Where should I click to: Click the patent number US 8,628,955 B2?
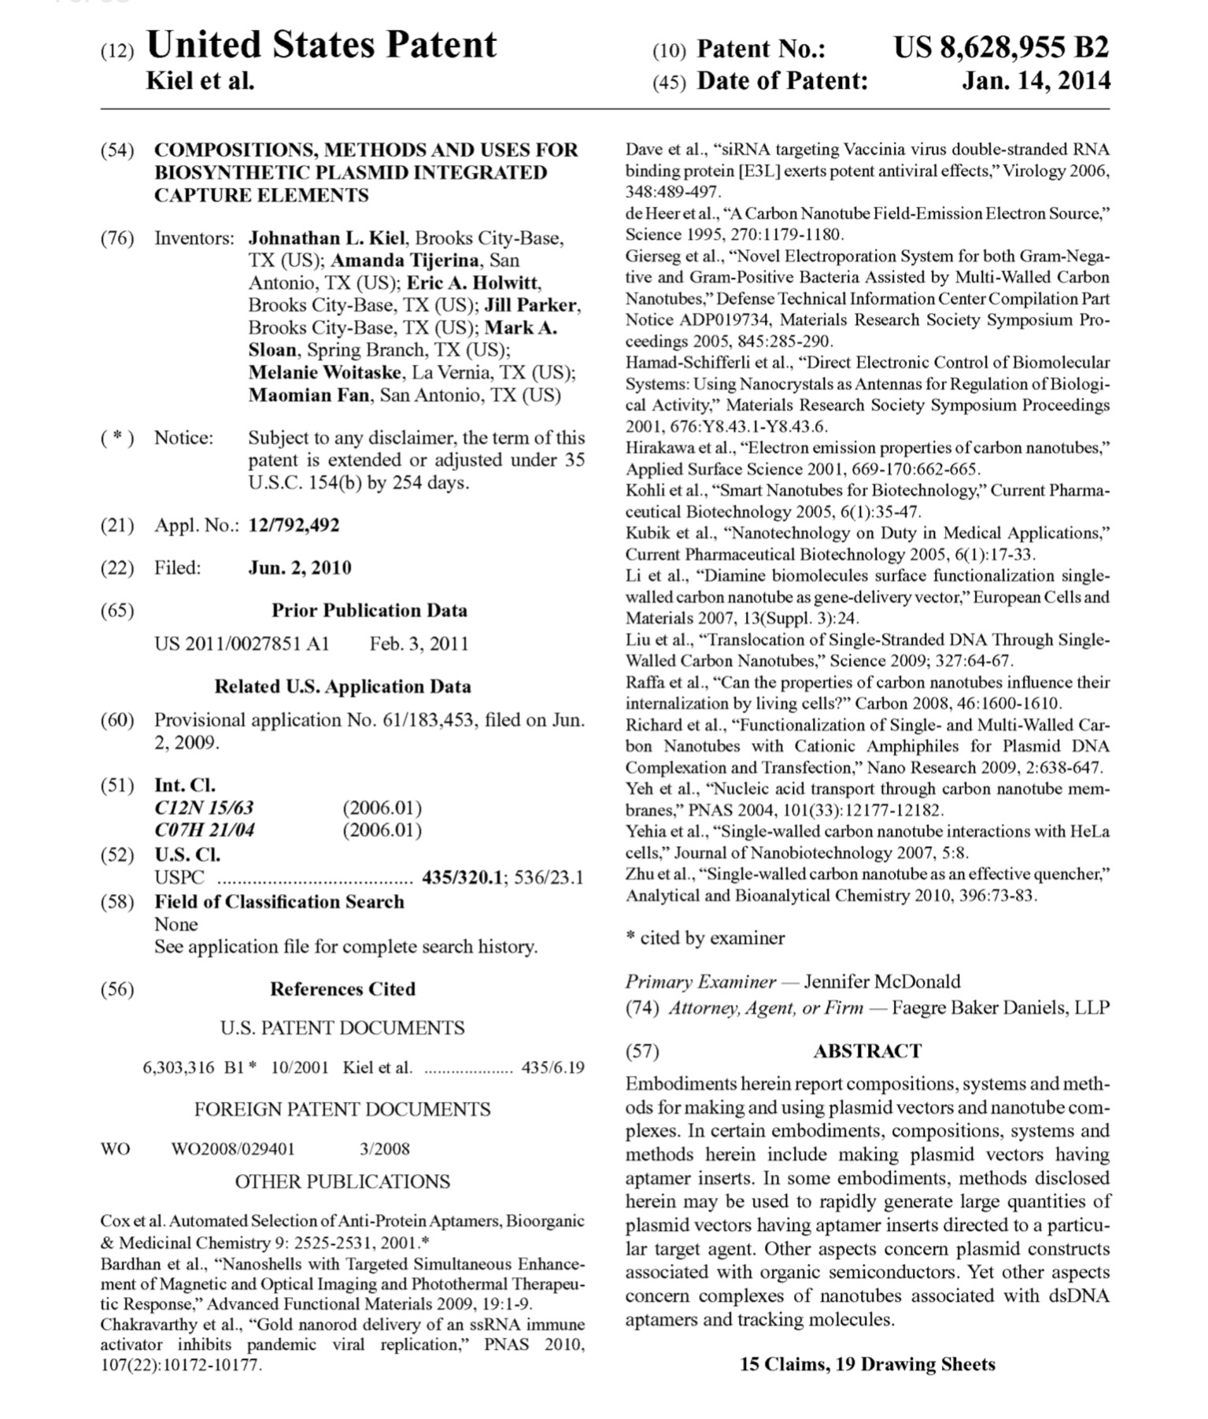[x=1000, y=48]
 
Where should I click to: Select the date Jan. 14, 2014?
[x=1035, y=80]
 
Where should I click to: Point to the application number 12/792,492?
[x=294, y=525]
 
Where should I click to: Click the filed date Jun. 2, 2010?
[x=300, y=567]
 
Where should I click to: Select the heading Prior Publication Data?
[x=369, y=611]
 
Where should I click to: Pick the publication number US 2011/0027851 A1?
[x=242, y=644]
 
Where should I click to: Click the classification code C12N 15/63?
[x=204, y=807]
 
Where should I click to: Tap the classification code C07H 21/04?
[x=205, y=830]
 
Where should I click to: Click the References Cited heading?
[x=342, y=989]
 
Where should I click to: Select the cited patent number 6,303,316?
[x=178, y=1068]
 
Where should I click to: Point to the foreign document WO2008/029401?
[x=233, y=1149]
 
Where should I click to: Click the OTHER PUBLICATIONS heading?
[x=342, y=1182]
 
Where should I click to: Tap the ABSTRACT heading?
[x=866, y=1051]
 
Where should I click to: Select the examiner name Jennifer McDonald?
[x=881, y=981]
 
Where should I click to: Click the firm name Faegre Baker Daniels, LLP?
[x=1000, y=1008]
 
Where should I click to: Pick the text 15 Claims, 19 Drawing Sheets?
[x=867, y=1365]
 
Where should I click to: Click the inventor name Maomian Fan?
[x=308, y=395]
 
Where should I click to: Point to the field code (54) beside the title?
[x=117, y=150]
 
